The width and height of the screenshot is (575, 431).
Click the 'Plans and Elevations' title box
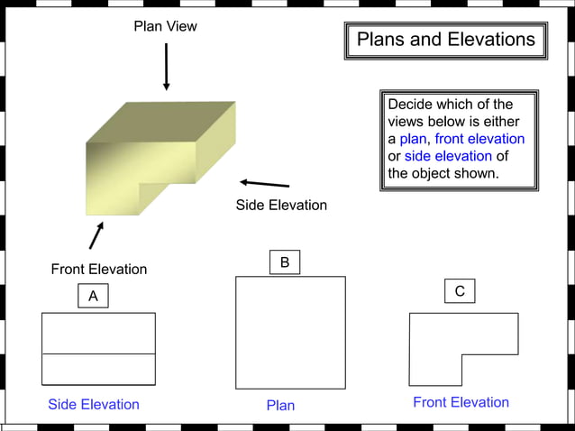pos(445,41)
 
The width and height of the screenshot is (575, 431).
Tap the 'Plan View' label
pos(165,26)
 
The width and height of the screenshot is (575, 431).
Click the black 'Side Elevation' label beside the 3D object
pos(281,205)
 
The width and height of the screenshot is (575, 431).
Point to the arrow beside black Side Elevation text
pos(264,183)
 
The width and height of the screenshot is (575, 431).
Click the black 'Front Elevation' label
pos(98,269)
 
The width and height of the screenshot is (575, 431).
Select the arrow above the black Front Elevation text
pos(96,235)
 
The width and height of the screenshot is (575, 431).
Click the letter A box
pos(93,296)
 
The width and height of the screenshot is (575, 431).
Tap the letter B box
pos(285,262)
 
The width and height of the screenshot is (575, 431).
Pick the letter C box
pos(460,291)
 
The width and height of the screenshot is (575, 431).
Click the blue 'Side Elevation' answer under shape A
pos(94,404)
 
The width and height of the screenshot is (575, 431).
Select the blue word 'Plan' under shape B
pos(280,405)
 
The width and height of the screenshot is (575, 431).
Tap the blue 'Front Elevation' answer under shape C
pos(461,402)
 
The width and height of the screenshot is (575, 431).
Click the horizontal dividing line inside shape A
pos(98,353)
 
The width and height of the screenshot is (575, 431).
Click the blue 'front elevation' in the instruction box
pos(479,139)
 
